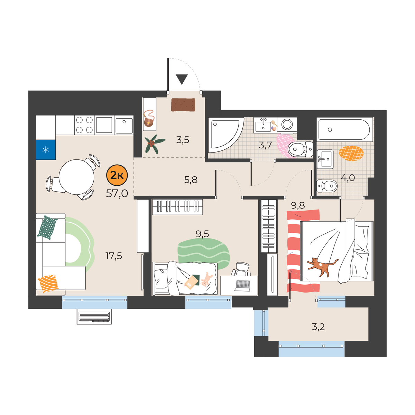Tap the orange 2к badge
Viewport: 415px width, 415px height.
117,175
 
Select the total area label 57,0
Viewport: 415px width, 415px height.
117,194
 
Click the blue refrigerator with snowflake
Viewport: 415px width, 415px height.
46,150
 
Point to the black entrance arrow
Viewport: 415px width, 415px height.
182,80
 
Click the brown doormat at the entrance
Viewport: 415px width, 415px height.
183,105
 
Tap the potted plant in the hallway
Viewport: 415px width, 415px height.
154,144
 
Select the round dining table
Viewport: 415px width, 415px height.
76,177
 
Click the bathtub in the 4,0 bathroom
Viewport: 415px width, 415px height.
344,129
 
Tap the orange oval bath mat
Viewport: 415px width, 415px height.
351,154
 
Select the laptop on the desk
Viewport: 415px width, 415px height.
243,286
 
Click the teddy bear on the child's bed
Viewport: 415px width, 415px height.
206,279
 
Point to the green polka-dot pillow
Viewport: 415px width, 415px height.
47,227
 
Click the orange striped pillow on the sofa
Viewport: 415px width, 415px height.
48,284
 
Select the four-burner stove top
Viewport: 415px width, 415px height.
84,125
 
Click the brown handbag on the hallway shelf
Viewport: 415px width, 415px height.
149,119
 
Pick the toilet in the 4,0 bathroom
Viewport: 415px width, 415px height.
327,186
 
